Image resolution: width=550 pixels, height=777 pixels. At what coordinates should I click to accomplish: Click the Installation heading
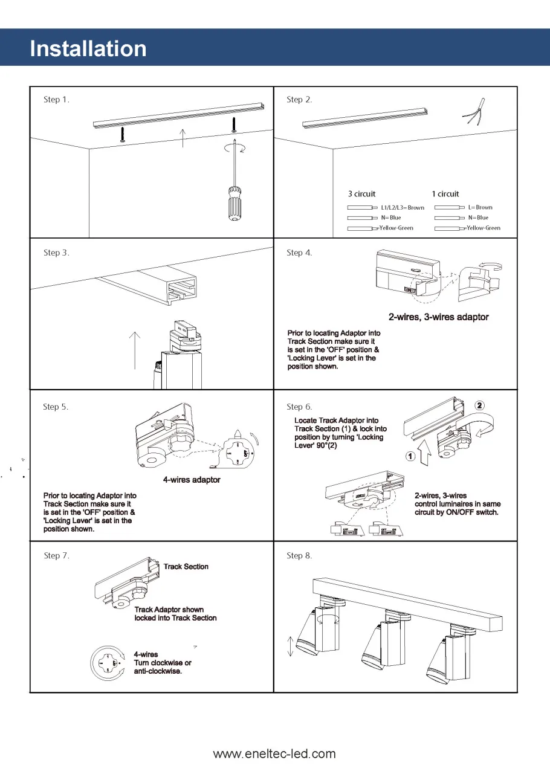88,48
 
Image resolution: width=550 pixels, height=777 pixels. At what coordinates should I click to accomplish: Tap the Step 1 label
56,100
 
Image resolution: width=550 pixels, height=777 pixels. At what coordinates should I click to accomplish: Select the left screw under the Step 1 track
122,134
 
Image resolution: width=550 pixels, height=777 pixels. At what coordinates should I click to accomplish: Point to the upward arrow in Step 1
183,138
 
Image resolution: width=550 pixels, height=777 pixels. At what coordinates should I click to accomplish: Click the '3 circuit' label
361,194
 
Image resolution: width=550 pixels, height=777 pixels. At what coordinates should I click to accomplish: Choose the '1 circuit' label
445,194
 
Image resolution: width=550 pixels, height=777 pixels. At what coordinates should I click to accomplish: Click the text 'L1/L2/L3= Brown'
403,207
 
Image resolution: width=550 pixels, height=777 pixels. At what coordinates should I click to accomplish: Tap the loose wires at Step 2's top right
473,113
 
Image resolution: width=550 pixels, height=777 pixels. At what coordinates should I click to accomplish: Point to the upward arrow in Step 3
135,349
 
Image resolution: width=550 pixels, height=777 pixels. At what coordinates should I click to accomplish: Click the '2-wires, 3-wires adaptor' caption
438,317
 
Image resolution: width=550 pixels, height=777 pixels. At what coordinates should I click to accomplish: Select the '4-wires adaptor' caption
192,480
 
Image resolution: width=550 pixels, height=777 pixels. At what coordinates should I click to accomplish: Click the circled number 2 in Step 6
479,405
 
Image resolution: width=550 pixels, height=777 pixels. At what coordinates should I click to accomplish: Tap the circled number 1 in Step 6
409,456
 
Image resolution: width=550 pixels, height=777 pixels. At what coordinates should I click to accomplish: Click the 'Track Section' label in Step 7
186,567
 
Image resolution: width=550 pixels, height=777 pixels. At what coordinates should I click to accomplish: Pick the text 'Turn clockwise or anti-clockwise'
162,667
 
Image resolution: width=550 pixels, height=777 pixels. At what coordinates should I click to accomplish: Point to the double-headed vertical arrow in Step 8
290,645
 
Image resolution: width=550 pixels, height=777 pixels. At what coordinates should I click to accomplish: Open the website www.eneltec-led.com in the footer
274,753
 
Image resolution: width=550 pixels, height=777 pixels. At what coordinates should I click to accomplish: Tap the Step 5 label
56,407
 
